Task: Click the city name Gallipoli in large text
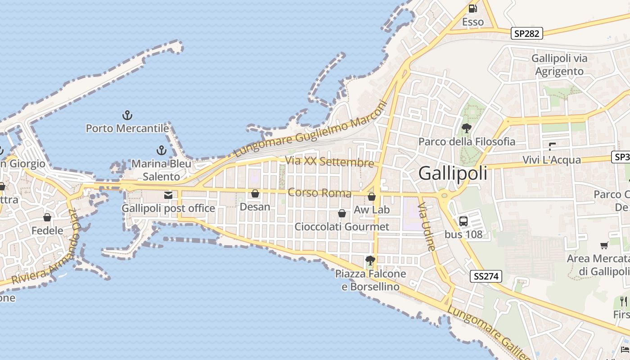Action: [x=453, y=173]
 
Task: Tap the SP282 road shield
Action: [x=527, y=33]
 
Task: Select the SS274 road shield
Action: [x=486, y=276]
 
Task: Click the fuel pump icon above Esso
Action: [x=472, y=9]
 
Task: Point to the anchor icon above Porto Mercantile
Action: [x=127, y=116]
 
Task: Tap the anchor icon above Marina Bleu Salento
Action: [x=162, y=150]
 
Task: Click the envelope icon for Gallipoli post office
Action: [x=168, y=195]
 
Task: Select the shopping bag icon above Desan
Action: [x=255, y=193]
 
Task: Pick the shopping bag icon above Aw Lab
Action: [x=372, y=197]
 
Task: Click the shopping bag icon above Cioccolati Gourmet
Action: [x=342, y=213]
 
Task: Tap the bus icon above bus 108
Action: [x=463, y=221]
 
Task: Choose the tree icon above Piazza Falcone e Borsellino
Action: [x=370, y=260]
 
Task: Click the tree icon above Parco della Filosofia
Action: [x=467, y=128]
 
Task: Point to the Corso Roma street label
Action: [x=319, y=193]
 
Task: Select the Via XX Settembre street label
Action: [x=329, y=161]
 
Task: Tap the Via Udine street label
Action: [x=426, y=226]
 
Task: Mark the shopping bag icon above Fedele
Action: [x=47, y=217]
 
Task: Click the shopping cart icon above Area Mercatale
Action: [x=604, y=245]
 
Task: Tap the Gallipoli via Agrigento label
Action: [x=559, y=65]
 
